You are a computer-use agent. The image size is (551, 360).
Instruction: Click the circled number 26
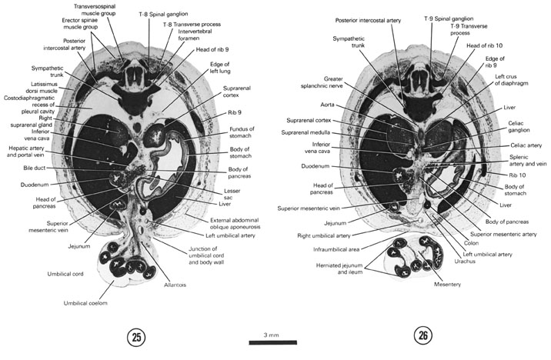tap(421, 335)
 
